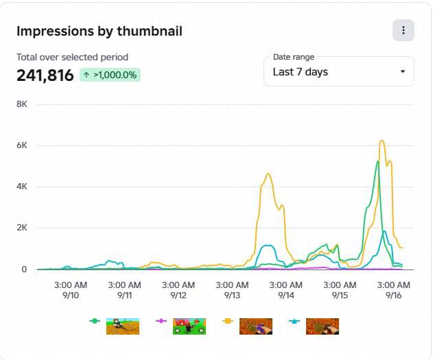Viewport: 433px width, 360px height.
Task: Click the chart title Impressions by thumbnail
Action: click(100, 31)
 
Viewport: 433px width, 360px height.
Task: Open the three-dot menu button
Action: click(403, 30)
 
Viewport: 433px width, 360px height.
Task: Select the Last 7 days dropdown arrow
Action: click(403, 72)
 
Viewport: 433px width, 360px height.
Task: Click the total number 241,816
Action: click(45, 75)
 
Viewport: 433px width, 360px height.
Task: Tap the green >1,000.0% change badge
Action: click(110, 75)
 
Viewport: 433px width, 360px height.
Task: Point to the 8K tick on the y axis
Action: click(22, 104)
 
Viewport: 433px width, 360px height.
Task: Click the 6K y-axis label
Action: click(22, 145)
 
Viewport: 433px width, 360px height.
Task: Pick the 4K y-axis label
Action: click(22, 187)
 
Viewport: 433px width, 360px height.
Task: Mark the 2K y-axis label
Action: click(22, 228)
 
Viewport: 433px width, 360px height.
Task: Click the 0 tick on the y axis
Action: click(24, 269)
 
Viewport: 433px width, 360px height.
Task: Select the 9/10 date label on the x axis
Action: click(71, 296)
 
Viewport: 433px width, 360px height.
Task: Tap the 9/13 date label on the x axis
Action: click(232, 296)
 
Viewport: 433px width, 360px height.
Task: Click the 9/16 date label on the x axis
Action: click(393, 296)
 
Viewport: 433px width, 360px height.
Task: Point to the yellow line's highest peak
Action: click(382, 141)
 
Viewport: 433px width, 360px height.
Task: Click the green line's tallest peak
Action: click(378, 161)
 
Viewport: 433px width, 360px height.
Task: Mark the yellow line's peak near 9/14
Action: click(268, 173)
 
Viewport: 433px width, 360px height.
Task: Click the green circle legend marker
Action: click(95, 321)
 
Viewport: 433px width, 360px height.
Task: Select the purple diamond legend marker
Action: click(161, 321)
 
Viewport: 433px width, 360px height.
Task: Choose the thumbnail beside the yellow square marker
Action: click(256, 326)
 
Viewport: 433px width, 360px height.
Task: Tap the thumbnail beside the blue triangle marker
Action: click(323, 326)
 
